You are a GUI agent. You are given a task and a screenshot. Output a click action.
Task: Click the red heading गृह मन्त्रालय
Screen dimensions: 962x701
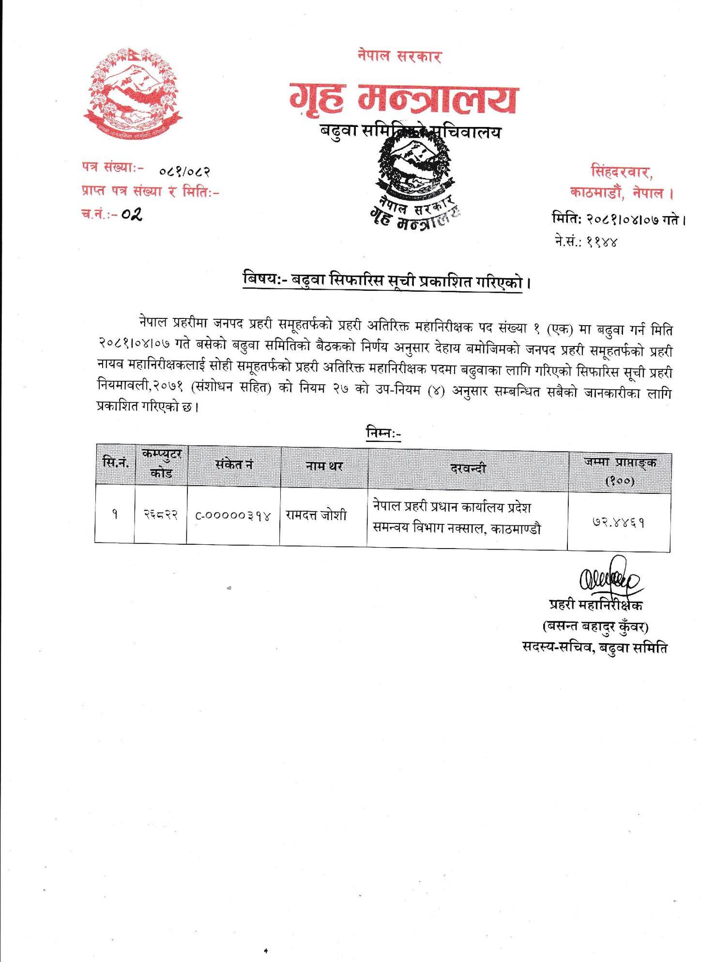(402, 99)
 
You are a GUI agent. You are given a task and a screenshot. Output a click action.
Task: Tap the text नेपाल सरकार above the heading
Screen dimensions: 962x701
(399, 56)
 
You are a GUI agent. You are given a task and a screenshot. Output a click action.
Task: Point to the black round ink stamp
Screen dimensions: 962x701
(415, 179)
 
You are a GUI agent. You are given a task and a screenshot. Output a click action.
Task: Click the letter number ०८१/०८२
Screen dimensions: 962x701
(184, 171)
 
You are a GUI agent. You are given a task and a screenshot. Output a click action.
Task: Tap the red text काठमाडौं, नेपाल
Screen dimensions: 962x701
(623, 193)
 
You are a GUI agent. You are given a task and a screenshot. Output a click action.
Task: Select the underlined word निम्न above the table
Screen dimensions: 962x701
(382, 433)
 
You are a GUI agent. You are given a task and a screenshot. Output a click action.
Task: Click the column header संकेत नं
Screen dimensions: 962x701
(234, 465)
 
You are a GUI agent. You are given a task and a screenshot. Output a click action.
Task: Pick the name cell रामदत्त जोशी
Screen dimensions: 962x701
(316, 515)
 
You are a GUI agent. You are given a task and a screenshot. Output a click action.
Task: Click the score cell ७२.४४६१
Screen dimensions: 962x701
(618, 523)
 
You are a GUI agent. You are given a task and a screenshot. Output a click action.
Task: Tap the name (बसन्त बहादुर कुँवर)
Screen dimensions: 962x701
(595, 627)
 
